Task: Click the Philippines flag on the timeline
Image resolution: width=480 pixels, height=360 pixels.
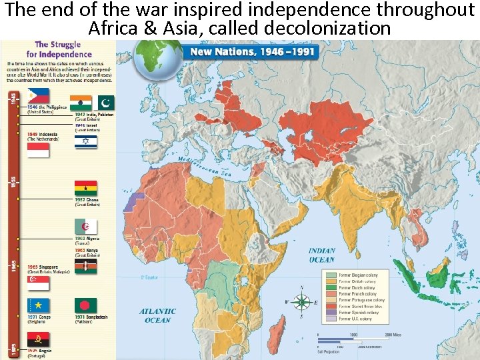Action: [x=38, y=97]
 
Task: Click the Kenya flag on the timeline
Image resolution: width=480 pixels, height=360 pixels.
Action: [x=86, y=267]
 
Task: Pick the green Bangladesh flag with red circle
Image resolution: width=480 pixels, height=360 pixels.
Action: [x=86, y=305]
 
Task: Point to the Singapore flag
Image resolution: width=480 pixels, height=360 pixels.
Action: [x=38, y=284]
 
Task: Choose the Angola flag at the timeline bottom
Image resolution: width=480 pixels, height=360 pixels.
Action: [x=38, y=340]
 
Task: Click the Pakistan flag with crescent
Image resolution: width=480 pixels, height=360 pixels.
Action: [x=107, y=103]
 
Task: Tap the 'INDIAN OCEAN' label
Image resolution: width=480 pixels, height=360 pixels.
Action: [x=322, y=255]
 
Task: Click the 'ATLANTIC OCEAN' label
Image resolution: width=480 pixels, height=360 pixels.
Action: [x=158, y=315]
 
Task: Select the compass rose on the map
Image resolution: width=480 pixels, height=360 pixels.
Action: [x=301, y=301]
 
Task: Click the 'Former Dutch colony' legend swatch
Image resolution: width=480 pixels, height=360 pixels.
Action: [x=331, y=287]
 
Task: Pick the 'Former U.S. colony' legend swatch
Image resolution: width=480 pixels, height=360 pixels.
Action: [x=331, y=319]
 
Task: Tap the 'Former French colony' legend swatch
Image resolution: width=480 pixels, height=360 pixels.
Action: [x=331, y=293]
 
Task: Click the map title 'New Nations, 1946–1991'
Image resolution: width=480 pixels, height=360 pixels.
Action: [x=253, y=52]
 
